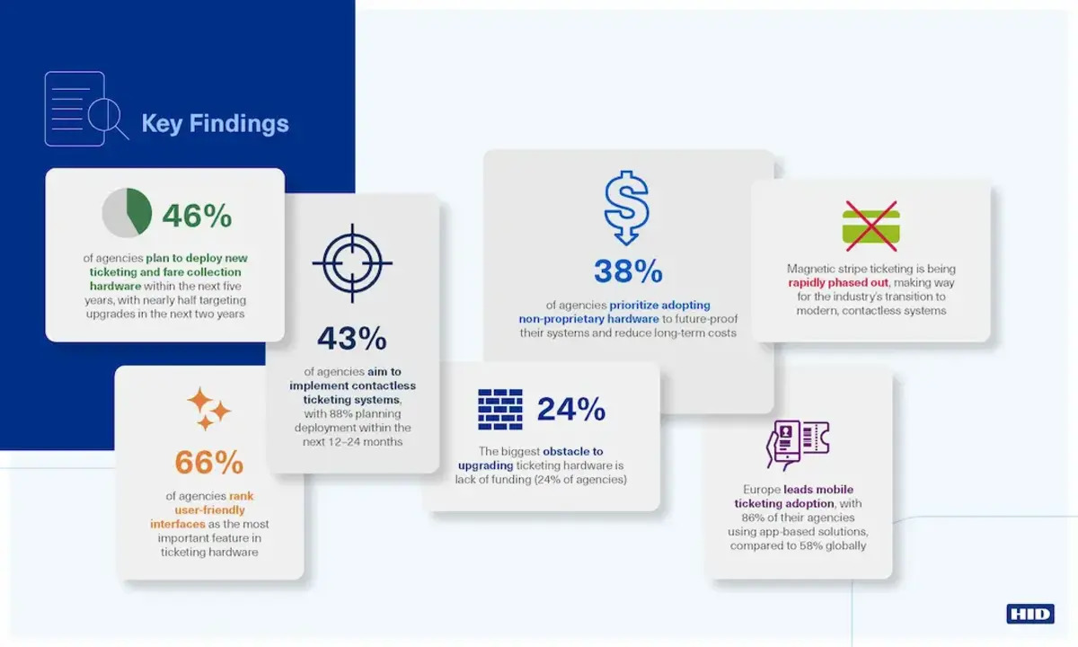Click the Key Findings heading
[215, 124]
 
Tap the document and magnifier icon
[86, 109]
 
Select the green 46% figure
[197, 215]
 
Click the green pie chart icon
[127, 212]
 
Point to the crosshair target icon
[352, 263]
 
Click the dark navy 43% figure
[352, 338]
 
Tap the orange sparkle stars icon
[208, 408]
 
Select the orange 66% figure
[208, 462]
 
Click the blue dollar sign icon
[627, 208]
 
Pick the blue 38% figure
[628, 271]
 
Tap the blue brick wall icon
[500, 409]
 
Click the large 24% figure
[570, 409]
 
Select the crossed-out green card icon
[871, 226]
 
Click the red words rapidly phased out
[838, 282]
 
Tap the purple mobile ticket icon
[798, 445]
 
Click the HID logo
[1030, 614]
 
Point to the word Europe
[762, 490]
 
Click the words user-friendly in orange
[209, 510]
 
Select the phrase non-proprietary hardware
[588, 319]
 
